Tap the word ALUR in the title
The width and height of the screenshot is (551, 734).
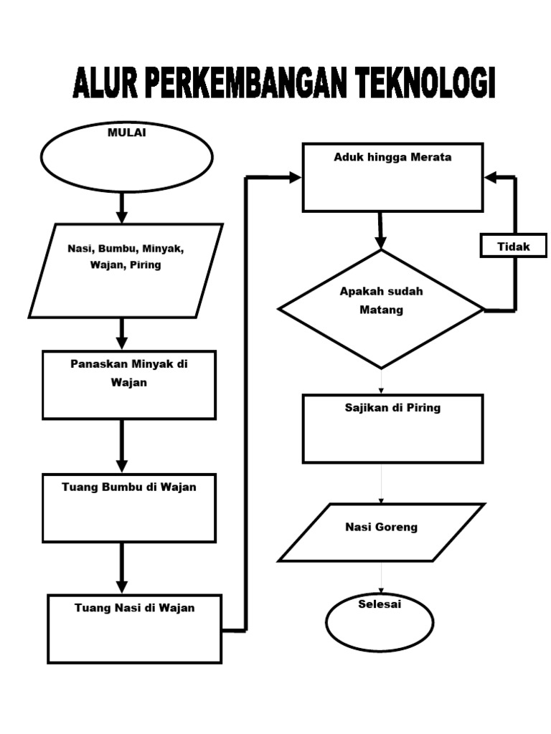105,84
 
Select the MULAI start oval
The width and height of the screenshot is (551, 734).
127,157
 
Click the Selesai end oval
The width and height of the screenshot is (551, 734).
380,621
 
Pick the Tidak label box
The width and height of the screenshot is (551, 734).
514,247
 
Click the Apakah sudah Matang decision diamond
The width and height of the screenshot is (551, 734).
381,309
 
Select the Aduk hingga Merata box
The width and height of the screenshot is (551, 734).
392,177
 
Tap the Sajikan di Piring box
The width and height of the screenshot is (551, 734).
392,428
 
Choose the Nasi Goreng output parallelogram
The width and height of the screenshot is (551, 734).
381,532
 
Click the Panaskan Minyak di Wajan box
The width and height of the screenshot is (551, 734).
129,384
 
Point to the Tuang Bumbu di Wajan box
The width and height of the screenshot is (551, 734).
129,507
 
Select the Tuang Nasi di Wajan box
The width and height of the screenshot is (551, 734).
135,628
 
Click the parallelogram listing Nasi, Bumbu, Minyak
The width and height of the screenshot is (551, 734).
126,270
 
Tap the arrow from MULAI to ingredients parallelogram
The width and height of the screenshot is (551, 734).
122,208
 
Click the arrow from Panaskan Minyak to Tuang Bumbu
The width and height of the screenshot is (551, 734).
122,446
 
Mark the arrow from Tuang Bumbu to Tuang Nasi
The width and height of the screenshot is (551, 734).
122,568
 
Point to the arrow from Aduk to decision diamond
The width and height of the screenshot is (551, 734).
380,231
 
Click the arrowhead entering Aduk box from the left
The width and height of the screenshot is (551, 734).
295,177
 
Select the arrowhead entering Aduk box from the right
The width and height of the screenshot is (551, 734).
491,177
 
